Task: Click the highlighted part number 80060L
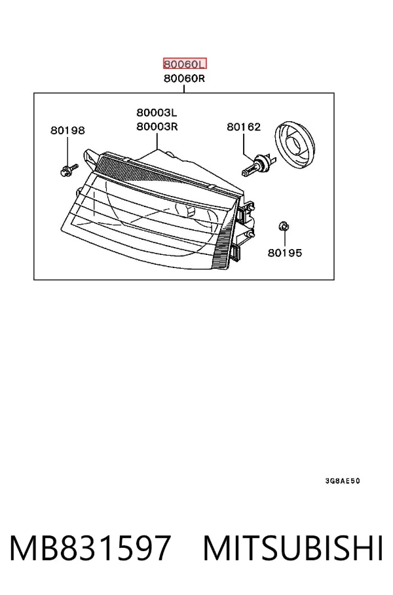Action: (x=185, y=64)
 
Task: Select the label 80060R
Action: (x=184, y=79)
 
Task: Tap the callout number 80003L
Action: (x=157, y=112)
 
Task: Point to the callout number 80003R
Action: (x=157, y=126)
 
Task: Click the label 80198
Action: (x=67, y=130)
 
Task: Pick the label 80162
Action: (x=244, y=126)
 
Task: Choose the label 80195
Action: (x=285, y=253)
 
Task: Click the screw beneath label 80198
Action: (x=69, y=170)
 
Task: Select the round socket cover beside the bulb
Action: (x=295, y=145)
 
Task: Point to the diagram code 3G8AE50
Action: (x=343, y=481)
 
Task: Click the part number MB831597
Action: (x=90, y=548)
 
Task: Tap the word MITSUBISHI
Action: (x=293, y=548)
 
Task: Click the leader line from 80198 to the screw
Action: (x=67, y=151)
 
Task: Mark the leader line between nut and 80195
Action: (x=284, y=239)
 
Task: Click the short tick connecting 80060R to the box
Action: (x=184, y=89)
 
